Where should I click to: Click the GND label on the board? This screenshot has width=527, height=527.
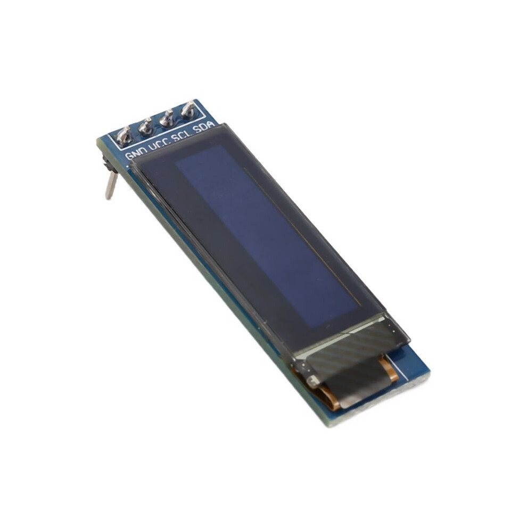[x=136, y=155]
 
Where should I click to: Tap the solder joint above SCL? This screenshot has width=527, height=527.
[x=167, y=118]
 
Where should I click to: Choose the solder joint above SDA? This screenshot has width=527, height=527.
[x=188, y=110]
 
